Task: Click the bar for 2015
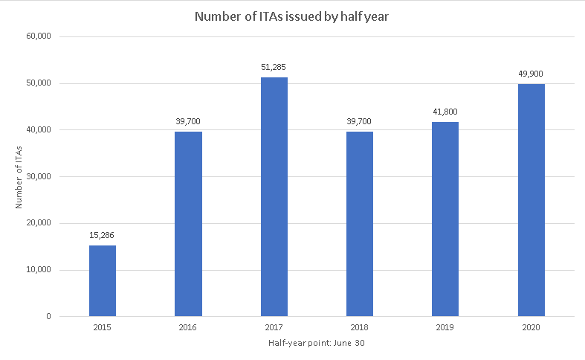click(x=103, y=280)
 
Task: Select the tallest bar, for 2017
click(x=274, y=196)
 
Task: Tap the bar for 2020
click(x=531, y=200)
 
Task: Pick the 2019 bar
click(x=445, y=219)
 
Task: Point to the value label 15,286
click(x=103, y=235)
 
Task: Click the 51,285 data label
click(x=274, y=67)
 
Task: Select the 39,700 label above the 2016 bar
click(x=188, y=121)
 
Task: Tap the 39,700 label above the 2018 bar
click(x=360, y=121)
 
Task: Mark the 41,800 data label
click(x=445, y=112)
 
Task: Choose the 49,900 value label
click(x=531, y=74)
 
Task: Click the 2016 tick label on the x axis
click(x=188, y=327)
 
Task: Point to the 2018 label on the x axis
click(x=360, y=327)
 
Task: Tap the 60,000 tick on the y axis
click(x=38, y=36)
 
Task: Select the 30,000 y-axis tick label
click(x=38, y=176)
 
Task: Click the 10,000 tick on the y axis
click(x=38, y=270)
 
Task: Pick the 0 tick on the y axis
click(x=48, y=317)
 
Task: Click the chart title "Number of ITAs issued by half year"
click(x=292, y=16)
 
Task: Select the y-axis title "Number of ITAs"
click(x=20, y=176)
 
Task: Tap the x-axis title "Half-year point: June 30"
click(x=317, y=343)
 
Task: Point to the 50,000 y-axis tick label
click(x=38, y=83)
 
